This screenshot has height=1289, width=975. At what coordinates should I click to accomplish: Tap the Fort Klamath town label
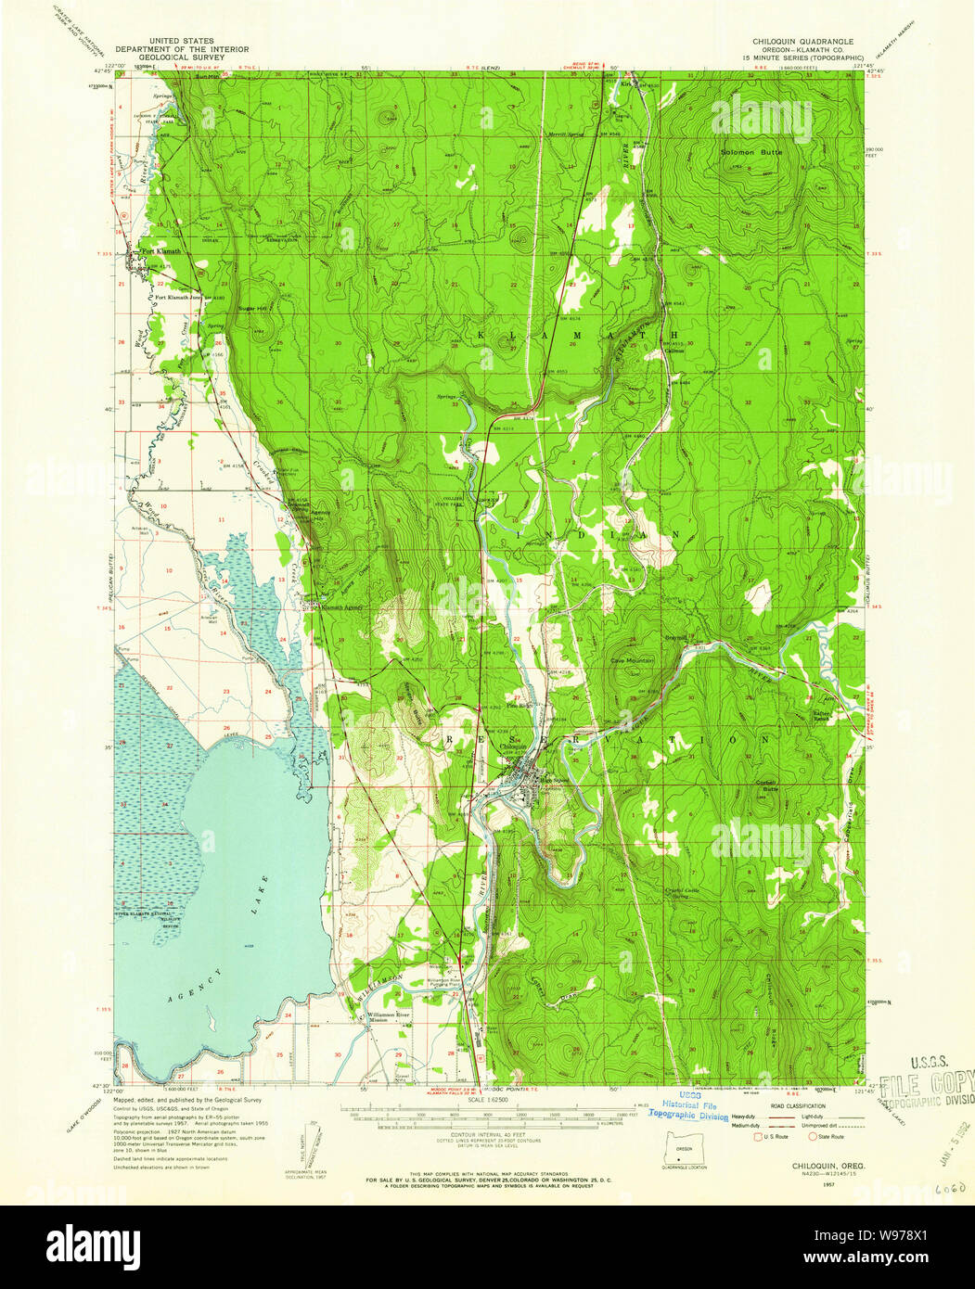coord(159,251)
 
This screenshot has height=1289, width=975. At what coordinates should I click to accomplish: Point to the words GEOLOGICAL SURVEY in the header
coord(163,57)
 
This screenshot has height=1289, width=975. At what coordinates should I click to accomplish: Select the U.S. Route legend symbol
coord(758,1136)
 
